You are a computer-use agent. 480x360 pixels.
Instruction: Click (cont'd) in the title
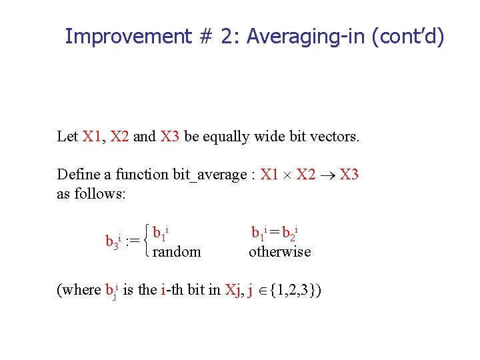tap(408, 36)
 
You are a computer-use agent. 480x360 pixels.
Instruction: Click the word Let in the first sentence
tap(67, 137)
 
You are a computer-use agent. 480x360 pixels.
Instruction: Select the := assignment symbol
tap(132, 241)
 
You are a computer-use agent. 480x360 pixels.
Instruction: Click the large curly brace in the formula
tap(145, 241)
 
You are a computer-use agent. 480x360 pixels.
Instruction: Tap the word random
tap(176, 251)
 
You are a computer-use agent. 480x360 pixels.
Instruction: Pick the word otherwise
tap(279, 251)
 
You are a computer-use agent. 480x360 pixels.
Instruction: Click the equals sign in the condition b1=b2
tap(274, 233)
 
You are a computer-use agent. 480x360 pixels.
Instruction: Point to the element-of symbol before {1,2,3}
tap(261, 291)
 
